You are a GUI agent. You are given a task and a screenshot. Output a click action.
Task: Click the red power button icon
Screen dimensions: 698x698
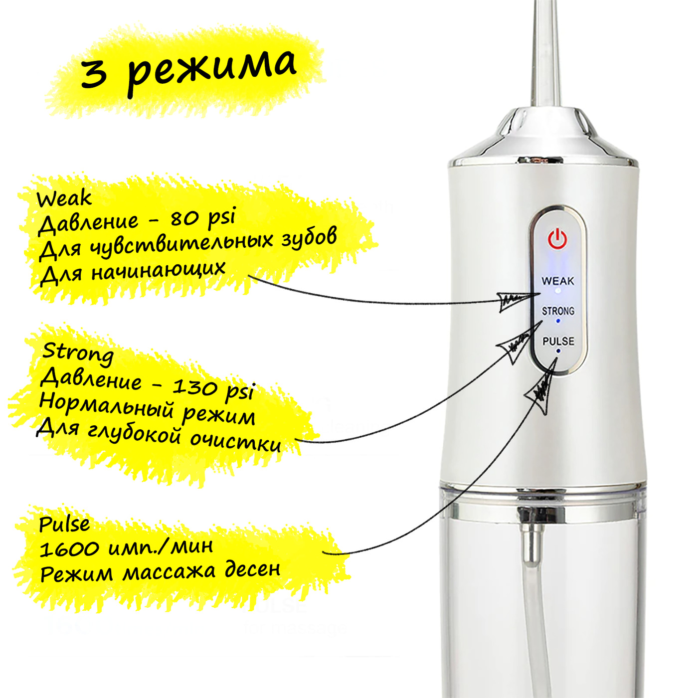pyautogui.click(x=557, y=239)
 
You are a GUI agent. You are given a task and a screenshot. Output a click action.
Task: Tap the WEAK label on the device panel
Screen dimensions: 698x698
pyautogui.click(x=558, y=281)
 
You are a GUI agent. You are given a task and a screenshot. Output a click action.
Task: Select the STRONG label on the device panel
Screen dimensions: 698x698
pyautogui.click(x=558, y=311)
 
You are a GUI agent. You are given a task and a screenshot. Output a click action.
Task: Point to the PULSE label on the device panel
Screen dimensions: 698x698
pyautogui.click(x=558, y=341)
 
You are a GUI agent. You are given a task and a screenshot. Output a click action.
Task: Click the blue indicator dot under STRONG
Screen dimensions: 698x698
pyautogui.click(x=558, y=321)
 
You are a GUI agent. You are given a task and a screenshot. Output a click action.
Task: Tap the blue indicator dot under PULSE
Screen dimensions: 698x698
pyautogui.click(x=558, y=350)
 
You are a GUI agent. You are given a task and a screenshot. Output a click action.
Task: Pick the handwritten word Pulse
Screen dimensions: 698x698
pyautogui.click(x=64, y=524)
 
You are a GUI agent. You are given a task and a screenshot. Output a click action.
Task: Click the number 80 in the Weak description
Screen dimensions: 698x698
pyautogui.click(x=183, y=218)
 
